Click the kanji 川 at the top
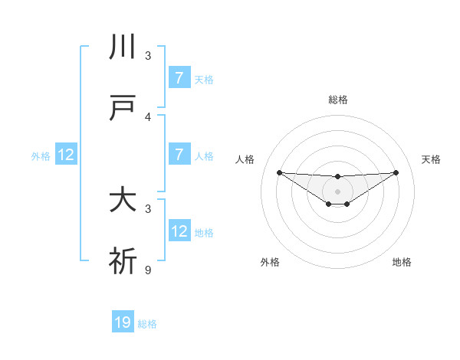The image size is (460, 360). [123, 47]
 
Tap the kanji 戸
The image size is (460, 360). [123, 109]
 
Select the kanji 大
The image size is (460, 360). [123, 201]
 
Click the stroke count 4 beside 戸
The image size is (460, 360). [148, 117]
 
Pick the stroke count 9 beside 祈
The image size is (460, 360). [148, 270]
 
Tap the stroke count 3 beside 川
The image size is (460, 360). [148, 56]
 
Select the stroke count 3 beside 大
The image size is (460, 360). [148, 208]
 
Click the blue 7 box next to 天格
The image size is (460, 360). [179, 77]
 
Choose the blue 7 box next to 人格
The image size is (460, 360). [179, 154]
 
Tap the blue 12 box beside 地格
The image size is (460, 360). [179, 231]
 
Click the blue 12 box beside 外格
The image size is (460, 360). [66, 154]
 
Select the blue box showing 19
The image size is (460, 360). [123, 322]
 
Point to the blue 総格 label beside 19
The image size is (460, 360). [147, 324]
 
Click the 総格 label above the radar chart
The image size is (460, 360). [337, 100]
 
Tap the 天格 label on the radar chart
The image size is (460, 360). [431, 159]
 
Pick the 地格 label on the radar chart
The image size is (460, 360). [402, 262]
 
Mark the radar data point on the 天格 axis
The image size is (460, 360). [396, 172]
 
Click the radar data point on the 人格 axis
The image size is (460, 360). [279, 172]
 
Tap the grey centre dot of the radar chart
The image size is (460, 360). [337, 191]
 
